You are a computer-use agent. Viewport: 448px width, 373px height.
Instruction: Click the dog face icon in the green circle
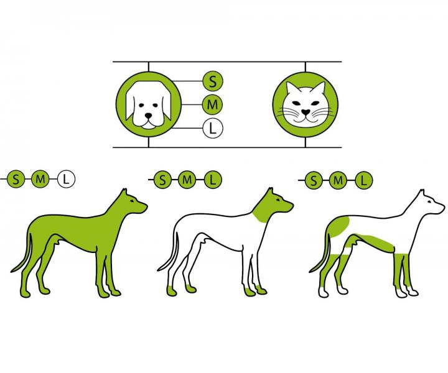click(x=148, y=104)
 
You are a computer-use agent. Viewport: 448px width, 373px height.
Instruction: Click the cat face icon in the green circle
click(x=305, y=104)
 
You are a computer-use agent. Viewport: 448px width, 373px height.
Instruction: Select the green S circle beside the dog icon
click(x=213, y=81)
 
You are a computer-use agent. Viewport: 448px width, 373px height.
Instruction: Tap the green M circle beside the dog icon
click(x=213, y=104)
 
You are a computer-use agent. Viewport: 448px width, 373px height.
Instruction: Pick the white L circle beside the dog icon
click(x=213, y=129)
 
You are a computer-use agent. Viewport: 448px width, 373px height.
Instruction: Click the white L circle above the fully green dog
click(x=66, y=179)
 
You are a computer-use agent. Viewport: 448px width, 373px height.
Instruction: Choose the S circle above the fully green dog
click(x=16, y=179)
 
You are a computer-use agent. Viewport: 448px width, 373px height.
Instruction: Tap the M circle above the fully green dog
click(x=40, y=179)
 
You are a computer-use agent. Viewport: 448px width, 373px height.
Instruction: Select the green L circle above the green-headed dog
click(x=213, y=180)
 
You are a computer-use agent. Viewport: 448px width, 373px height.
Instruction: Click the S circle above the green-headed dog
click(x=163, y=180)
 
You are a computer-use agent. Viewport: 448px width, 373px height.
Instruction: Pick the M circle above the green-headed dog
click(x=187, y=180)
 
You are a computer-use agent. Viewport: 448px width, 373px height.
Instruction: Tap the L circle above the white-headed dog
click(x=363, y=180)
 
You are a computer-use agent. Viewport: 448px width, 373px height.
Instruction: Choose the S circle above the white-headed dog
click(x=314, y=180)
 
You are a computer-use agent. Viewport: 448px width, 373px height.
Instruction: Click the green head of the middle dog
click(x=271, y=206)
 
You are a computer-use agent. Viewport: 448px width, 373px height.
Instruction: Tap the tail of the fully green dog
click(x=23, y=254)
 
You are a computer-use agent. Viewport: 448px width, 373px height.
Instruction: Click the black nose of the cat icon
click(x=305, y=112)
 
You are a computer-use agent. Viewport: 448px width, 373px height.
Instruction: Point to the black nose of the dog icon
click(x=148, y=116)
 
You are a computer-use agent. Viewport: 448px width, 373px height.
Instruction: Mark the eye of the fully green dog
click(x=132, y=201)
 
